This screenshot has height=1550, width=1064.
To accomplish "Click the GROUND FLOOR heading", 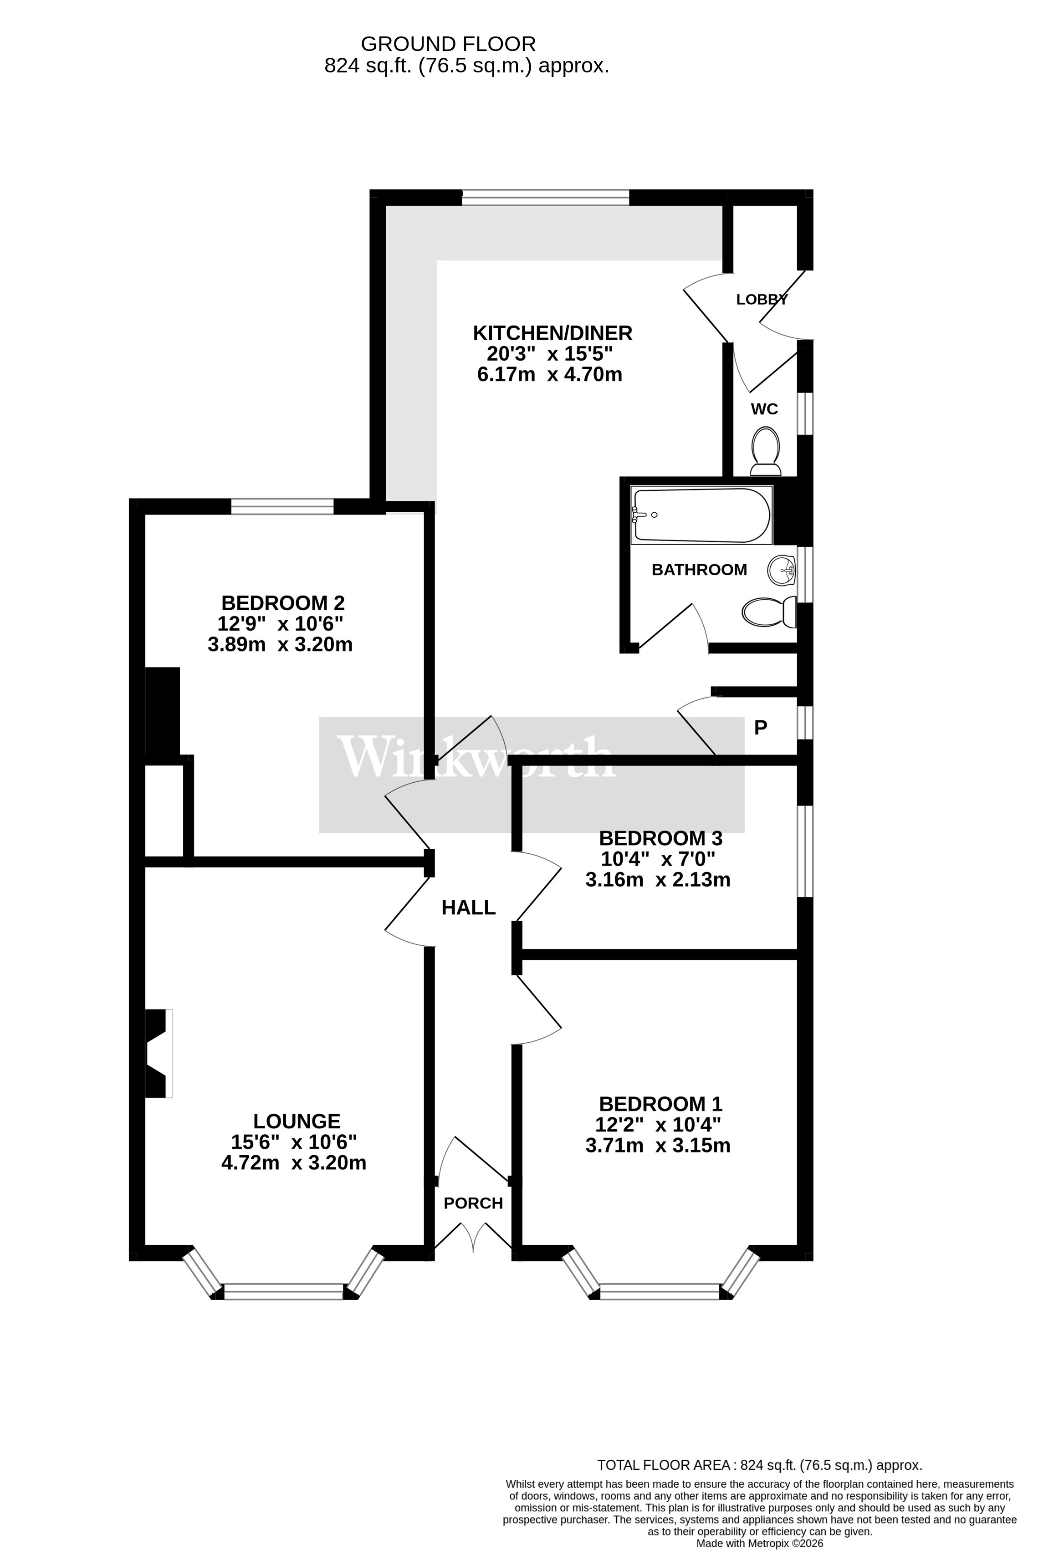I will [x=448, y=44].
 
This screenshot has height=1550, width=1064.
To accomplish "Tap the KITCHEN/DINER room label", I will [x=552, y=333].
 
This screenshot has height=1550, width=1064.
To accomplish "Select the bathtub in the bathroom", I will [x=702, y=515].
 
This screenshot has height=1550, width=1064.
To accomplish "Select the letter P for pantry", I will [x=761, y=728].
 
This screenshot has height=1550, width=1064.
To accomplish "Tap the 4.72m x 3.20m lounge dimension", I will [x=293, y=1163].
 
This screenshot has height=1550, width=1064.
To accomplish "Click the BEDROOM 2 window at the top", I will [x=282, y=507].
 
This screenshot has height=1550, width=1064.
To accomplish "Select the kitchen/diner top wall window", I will [x=545, y=198].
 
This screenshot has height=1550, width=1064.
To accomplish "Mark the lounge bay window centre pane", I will [x=283, y=1291].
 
